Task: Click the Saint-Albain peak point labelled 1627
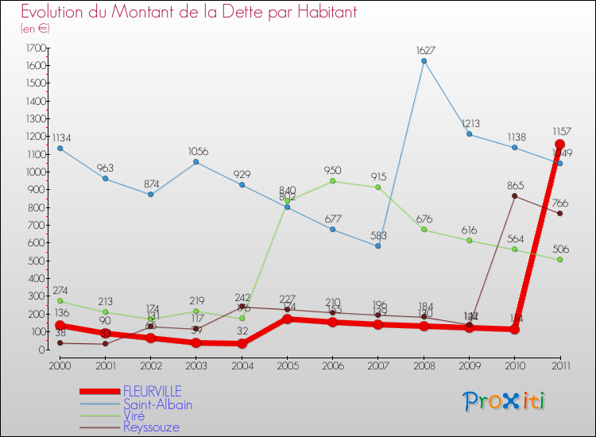(x=424, y=61)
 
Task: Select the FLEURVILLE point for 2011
(x=559, y=145)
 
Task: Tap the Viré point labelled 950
(x=332, y=181)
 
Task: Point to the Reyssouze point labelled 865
(x=514, y=196)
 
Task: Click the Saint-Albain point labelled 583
(x=378, y=246)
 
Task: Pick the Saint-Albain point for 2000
(x=60, y=149)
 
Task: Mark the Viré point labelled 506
(x=559, y=260)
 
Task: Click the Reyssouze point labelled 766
(x=559, y=214)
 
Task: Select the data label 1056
(x=196, y=151)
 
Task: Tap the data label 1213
(x=470, y=123)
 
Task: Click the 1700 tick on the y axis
(x=35, y=48)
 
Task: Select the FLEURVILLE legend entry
(x=152, y=391)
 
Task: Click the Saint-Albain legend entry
(x=157, y=404)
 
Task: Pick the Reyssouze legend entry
(x=151, y=427)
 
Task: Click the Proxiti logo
(x=505, y=401)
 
